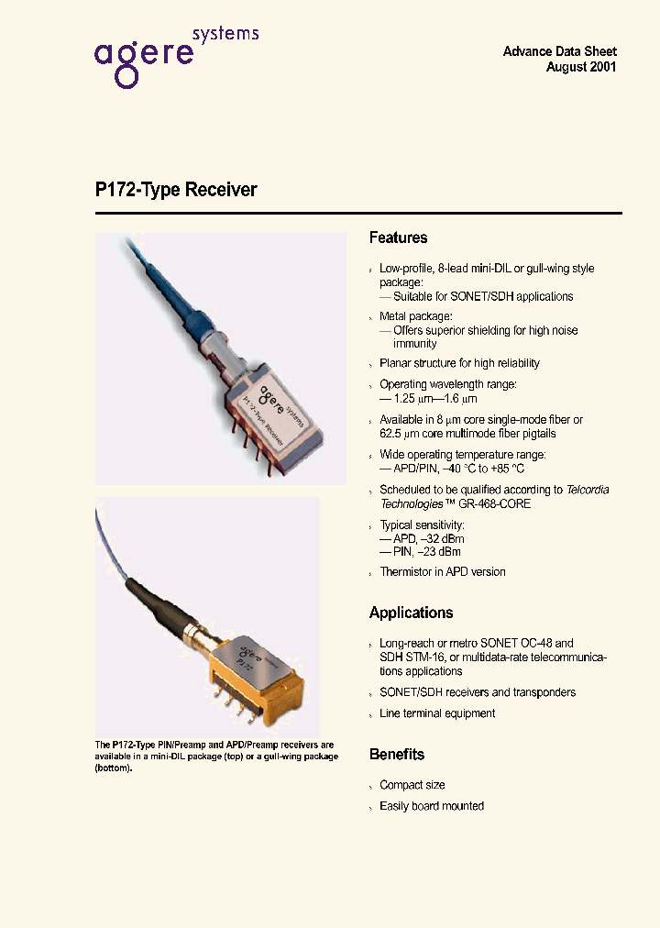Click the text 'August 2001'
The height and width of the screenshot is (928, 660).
[x=581, y=67]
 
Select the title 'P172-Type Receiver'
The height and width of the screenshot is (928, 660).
[x=176, y=190]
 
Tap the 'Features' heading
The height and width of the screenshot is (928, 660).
[x=398, y=238]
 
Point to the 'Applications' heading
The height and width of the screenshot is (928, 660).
[x=411, y=613]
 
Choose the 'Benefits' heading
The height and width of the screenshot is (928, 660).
[x=396, y=754]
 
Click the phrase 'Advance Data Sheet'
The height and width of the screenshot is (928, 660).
[x=559, y=51]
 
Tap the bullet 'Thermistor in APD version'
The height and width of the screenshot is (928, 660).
[x=442, y=571]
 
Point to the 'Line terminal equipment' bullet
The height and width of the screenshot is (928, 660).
[x=437, y=713]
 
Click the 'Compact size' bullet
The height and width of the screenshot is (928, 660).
[x=412, y=785]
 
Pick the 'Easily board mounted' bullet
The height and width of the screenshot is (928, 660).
[x=432, y=806]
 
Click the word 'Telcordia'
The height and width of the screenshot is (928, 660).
[x=587, y=490]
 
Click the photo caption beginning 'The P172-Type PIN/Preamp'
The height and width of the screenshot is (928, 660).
[x=216, y=757]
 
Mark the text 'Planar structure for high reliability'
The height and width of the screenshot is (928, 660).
[x=459, y=363]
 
